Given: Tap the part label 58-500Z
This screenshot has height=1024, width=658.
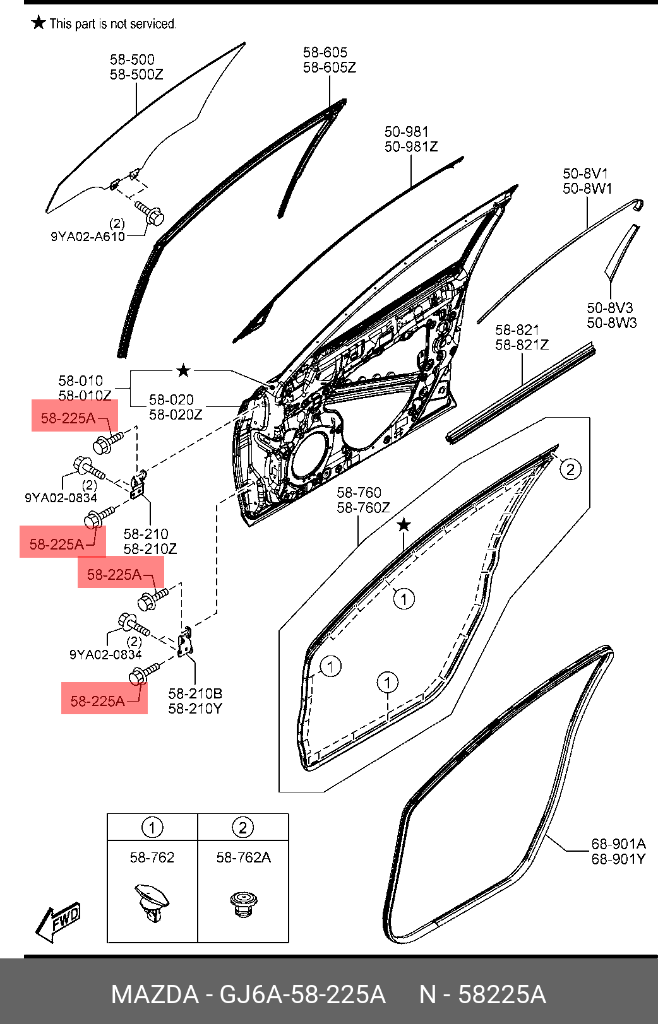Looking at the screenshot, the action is point(136,74).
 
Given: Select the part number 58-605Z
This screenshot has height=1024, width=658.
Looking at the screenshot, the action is point(330,68).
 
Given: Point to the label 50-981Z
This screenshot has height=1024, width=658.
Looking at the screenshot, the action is point(411,147).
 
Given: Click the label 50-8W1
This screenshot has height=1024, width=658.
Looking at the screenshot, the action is point(587,189).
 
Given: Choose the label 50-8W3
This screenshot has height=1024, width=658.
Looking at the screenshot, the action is point(612,323).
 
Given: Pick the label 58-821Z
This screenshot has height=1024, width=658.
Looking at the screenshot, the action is point(522,344).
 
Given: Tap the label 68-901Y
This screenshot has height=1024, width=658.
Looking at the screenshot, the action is point(618,859).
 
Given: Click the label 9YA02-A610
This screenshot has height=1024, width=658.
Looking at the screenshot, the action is point(88,237).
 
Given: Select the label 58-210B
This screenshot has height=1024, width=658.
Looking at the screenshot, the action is point(195,693).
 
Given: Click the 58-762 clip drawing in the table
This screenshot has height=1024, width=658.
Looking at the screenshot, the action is point(152,903).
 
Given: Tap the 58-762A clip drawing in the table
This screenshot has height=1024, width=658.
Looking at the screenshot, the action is point(242,902).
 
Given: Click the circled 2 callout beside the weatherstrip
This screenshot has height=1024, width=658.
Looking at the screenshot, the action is point(570,469).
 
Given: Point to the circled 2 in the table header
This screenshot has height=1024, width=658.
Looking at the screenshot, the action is point(242,827).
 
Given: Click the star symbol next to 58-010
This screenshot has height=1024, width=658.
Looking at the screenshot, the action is point(183,370).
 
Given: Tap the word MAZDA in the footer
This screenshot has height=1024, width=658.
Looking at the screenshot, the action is point(155,995).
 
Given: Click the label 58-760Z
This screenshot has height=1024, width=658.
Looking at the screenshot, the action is point(363,507).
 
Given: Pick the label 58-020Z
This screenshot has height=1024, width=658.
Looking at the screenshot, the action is point(176,415).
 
